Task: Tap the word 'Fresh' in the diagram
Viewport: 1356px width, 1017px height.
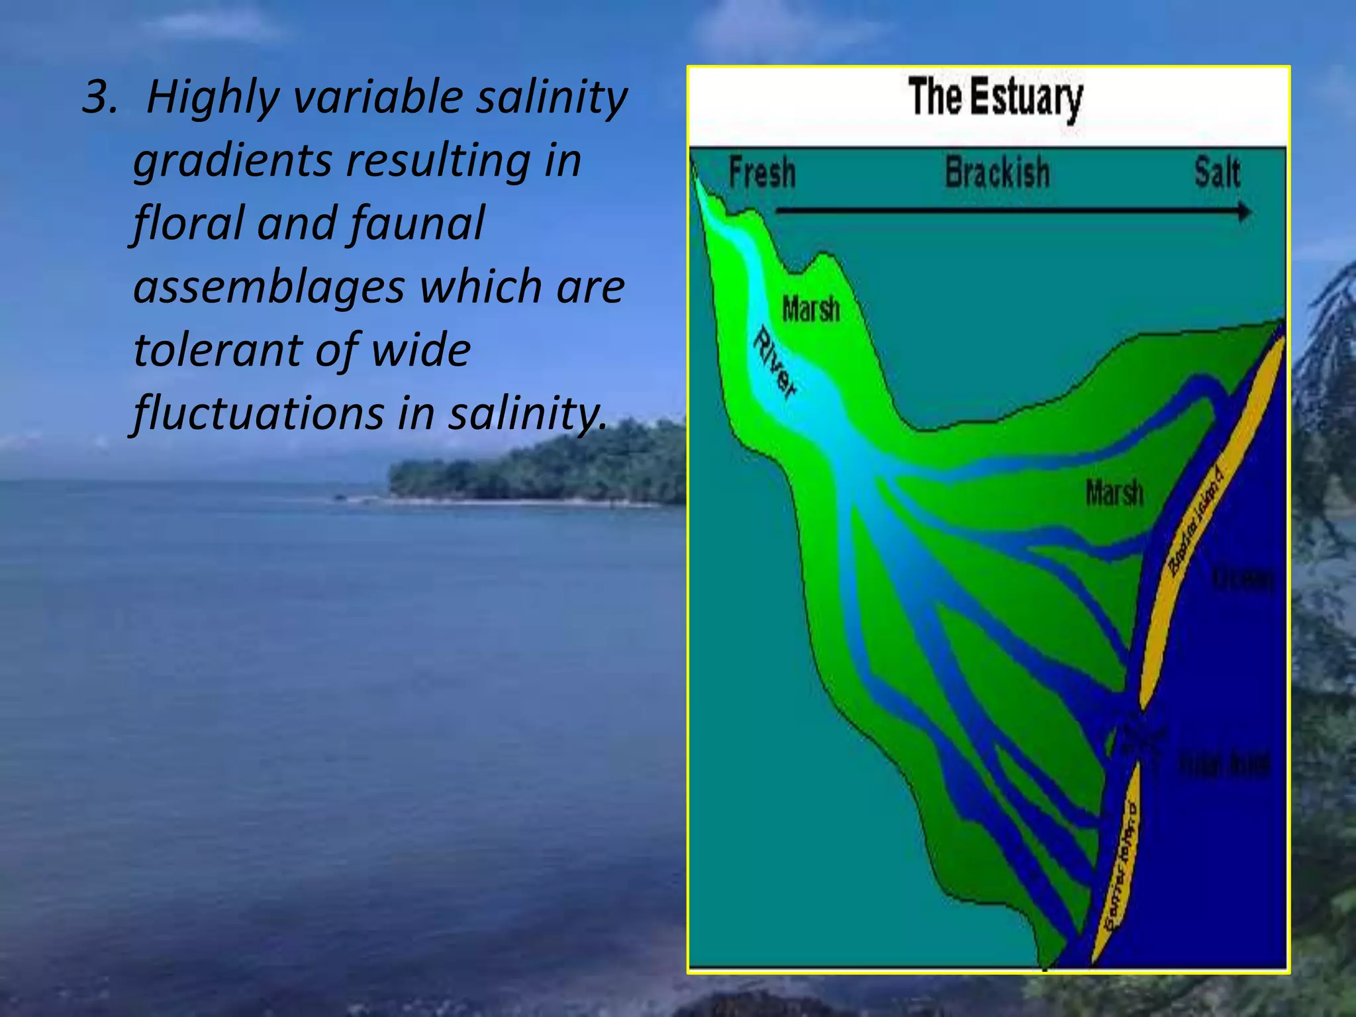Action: click(762, 173)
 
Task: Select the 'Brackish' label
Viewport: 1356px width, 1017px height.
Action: click(997, 173)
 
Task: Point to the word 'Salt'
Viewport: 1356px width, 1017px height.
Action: click(1217, 173)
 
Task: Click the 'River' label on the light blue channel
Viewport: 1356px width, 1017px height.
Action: click(775, 363)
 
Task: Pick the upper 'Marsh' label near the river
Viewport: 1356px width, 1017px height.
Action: click(811, 309)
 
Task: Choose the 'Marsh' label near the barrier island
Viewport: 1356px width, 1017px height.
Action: click(1114, 493)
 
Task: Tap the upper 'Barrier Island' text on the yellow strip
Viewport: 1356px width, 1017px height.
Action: click(1196, 520)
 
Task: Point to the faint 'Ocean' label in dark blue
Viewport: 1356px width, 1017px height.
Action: click(1242, 579)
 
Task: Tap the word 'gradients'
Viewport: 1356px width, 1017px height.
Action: click(232, 161)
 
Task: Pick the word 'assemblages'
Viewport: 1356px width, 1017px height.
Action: click(269, 287)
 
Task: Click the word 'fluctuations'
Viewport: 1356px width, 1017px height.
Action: click(258, 413)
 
